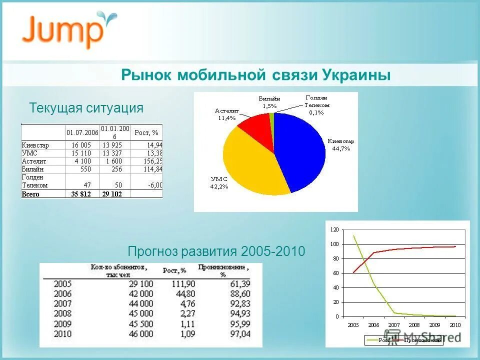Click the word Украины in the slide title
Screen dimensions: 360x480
[356, 75]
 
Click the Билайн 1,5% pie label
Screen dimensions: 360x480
[269, 102]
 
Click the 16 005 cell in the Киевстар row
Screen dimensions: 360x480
[81, 145]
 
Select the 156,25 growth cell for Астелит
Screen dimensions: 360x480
[153, 161]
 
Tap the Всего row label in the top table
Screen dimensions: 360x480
[30, 193]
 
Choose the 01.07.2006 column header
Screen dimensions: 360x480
[82, 132]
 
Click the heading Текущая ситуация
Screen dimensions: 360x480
[86, 108]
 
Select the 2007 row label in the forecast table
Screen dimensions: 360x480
[63, 304]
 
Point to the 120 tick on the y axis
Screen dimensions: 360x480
[334, 229]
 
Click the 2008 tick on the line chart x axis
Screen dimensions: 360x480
[414, 324]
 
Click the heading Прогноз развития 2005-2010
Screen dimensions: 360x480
[216, 251]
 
